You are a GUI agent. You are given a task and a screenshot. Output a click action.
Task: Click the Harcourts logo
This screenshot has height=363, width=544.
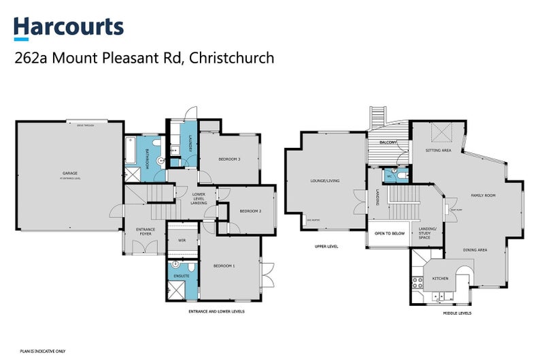(x=69, y=27)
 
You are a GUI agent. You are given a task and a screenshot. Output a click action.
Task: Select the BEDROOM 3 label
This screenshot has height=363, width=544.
(x=229, y=159)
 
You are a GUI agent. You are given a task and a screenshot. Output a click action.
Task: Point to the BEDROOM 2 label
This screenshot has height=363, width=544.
(x=250, y=211)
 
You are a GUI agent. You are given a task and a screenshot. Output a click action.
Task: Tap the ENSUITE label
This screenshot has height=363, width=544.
(x=182, y=276)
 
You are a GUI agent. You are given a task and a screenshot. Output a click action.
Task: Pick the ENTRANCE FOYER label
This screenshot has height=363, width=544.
(x=146, y=232)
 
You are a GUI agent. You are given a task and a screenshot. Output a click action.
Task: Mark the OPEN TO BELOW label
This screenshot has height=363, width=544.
(x=389, y=233)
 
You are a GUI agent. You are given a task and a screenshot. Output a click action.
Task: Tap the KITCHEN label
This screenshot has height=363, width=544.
(x=440, y=279)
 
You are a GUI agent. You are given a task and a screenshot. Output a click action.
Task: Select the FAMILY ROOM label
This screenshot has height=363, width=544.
(x=483, y=195)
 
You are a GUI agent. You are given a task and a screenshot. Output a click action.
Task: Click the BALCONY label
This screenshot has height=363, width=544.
(x=388, y=142)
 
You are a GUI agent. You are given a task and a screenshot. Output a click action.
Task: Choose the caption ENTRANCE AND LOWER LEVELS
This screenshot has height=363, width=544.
(x=216, y=311)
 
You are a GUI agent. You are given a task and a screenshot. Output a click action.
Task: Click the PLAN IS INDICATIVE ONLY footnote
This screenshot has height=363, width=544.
(x=43, y=351)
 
